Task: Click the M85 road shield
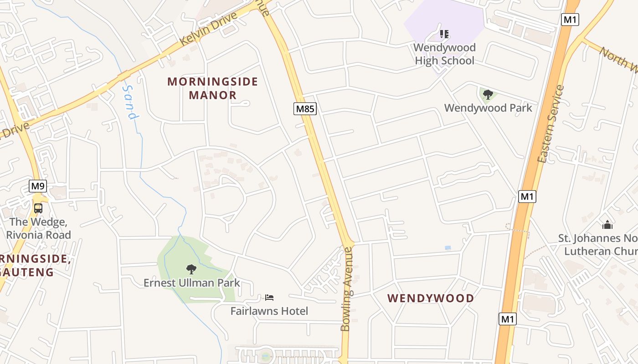(305, 109)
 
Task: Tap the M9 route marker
(38, 186)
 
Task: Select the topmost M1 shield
(570, 20)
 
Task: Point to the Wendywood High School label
(444, 54)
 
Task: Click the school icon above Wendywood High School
(444, 34)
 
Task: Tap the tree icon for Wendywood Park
(488, 95)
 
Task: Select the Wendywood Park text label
(488, 108)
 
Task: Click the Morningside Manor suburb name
(213, 88)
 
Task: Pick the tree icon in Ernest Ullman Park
(191, 269)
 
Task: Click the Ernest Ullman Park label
(191, 283)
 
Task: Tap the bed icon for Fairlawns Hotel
(269, 298)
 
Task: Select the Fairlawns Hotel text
(269, 311)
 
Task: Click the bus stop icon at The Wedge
(38, 208)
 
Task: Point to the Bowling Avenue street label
(347, 289)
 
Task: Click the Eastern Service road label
(551, 124)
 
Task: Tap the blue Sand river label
(130, 102)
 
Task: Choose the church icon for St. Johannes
(607, 225)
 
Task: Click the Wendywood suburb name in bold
(431, 298)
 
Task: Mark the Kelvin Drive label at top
(209, 28)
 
